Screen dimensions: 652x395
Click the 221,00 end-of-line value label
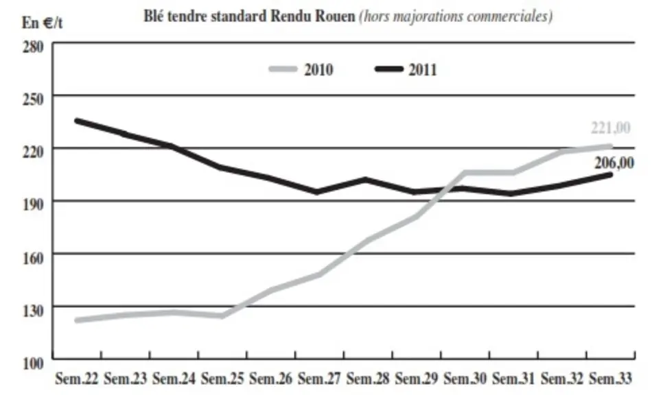(610, 128)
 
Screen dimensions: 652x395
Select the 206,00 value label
(614, 163)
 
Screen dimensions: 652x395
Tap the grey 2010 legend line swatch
(283, 69)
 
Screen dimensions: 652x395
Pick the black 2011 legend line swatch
(389, 69)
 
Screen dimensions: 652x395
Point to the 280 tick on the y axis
(33, 47)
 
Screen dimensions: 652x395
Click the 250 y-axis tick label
(33, 99)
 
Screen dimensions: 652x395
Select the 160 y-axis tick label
(33, 258)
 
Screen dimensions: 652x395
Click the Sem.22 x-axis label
(77, 379)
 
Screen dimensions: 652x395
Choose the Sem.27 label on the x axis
(319, 379)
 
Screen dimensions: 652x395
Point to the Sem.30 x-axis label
(465, 379)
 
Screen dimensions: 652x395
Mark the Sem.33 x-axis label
(611, 379)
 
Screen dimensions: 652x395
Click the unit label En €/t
(42, 23)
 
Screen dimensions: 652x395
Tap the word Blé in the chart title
(152, 16)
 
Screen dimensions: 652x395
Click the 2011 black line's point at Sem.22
(77, 121)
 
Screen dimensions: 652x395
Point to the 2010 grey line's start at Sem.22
(77, 320)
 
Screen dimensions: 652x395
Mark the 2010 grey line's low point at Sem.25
(222, 316)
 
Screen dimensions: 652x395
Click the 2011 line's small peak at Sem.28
(366, 180)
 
